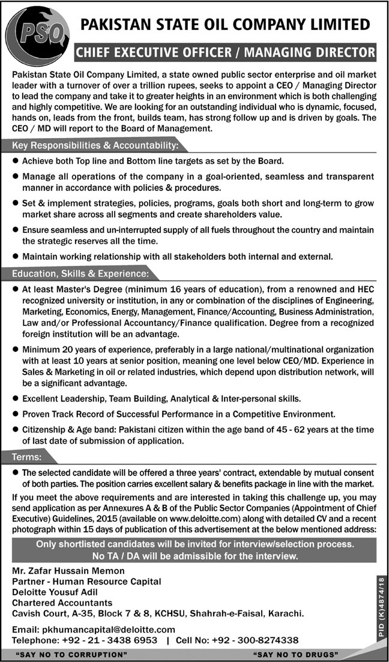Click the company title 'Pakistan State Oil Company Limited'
(x=225, y=25)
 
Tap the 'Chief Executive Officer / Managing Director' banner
(x=225, y=53)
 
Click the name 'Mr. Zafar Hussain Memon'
(x=69, y=571)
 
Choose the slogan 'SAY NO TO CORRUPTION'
(x=66, y=654)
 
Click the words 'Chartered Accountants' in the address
(x=63, y=602)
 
